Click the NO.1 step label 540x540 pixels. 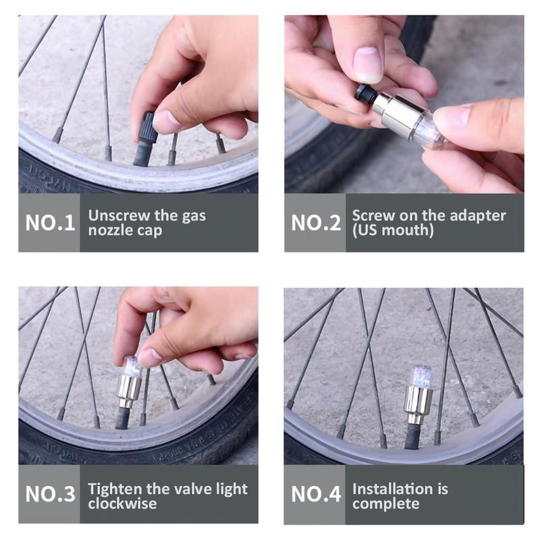(x=50, y=223)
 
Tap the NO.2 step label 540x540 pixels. (x=316, y=223)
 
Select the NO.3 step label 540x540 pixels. (x=50, y=494)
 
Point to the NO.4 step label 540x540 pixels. (x=316, y=494)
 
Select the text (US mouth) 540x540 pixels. (x=393, y=230)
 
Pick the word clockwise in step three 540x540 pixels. (x=122, y=504)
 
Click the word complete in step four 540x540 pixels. (x=385, y=504)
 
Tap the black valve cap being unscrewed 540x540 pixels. (x=148, y=128)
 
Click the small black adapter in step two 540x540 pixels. (x=366, y=93)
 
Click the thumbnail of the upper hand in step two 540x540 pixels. (x=368, y=64)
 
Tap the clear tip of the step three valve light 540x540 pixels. (x=132, y=366)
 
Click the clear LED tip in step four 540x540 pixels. (x=421, y=377)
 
